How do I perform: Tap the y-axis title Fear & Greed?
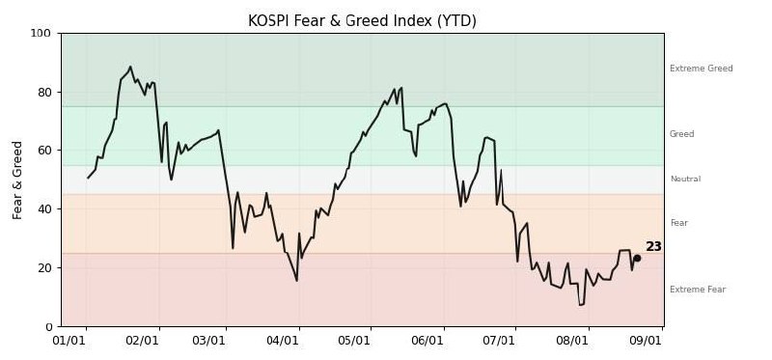[x=17, y=180]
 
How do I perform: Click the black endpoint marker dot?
[x=637, y=258]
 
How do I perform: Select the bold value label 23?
[x=653, y=247]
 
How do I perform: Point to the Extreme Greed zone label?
[x=702, y=69]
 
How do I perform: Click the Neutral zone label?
[x=685, y=179]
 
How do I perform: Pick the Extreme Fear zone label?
[x=698, y=290]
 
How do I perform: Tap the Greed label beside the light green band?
[x=682, y=134]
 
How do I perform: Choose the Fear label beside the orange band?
[x=679, y=223]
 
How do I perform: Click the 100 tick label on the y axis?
[x=41, y=34]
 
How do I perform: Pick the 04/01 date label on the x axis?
[x=282, y=341]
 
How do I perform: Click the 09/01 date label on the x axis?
[x=645, y=341]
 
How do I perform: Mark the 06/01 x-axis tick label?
[x=427, y=341]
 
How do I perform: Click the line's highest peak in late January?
[x=130, y=67]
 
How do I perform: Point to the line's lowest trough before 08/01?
[x=580, y=305]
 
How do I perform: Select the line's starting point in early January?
[x=88, y=178]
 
